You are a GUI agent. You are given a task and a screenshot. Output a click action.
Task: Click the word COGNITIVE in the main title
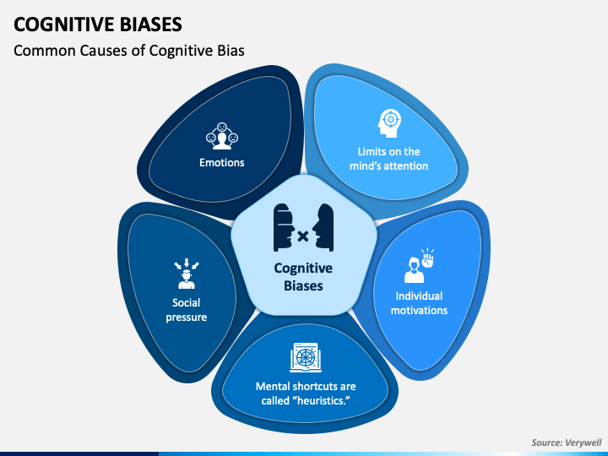(x=64, y=24)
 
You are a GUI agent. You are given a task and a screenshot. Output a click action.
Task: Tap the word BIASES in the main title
(x=151, y=24)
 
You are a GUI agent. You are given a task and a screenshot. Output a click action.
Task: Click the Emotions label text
(x=222, y=162)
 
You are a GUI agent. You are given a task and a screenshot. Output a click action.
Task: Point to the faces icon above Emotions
(x=222, y=136)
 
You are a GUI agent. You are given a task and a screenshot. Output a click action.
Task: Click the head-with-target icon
(x=389, y=123)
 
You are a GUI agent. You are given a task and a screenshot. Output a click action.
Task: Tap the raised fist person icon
(x=419, y=266)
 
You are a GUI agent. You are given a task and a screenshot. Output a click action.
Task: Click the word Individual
(x=419, y=296)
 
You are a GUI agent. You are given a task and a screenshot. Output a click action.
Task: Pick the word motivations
(x=419, y=311)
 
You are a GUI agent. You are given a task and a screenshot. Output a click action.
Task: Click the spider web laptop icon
(x=306, y=357)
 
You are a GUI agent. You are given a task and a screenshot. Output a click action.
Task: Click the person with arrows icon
(x=187, y=274)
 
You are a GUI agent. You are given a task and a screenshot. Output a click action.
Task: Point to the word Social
(x=187, y=303)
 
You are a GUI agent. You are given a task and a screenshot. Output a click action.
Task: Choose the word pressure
(x=187, y=318)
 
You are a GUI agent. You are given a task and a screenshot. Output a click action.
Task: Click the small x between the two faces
(x=303, y=236)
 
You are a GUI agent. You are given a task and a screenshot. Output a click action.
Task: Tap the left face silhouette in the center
(x=285, y=228)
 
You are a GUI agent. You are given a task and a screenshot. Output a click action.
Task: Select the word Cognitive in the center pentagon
(x=303, y=269)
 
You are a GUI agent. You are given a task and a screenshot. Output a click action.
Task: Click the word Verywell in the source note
(x=584, y=442)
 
